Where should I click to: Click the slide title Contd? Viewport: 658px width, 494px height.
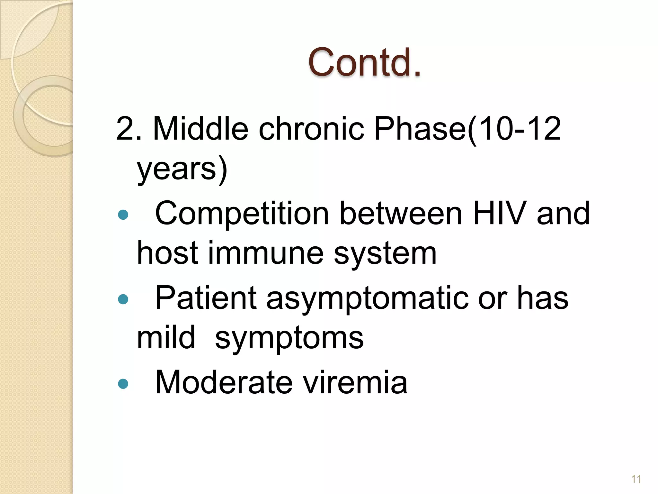[364, 62]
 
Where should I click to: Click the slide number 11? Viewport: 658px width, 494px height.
[636, 479]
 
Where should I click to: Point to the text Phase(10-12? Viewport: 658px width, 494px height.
[467, 129]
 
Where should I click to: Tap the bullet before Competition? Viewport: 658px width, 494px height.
[123, 215]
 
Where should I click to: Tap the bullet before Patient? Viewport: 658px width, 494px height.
[123, 300]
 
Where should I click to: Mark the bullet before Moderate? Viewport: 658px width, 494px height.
[123, 383]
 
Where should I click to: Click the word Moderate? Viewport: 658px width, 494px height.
[224, 382]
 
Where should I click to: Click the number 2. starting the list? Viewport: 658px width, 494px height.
[129, 129]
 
